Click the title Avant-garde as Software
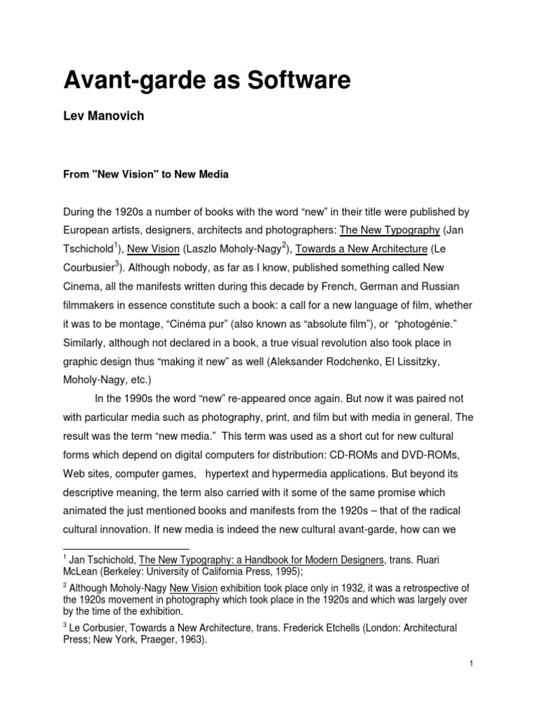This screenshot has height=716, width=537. click(x=206, y=80)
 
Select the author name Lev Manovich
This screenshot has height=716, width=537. click(x=103, y=116)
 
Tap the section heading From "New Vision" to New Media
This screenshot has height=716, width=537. click(x=146, y=175)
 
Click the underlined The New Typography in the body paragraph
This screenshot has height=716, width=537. click(x=389, y=230)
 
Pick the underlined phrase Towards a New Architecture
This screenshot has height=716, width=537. click(x=361, y=248)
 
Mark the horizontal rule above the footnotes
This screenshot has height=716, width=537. click(x=126, y=549)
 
